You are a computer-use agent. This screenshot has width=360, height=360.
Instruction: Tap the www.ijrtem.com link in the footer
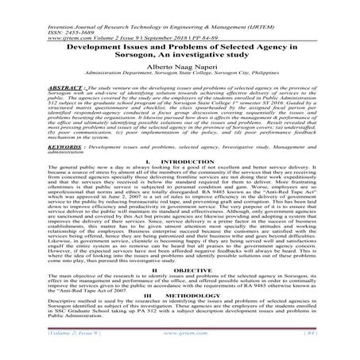[x=180, y=347]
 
